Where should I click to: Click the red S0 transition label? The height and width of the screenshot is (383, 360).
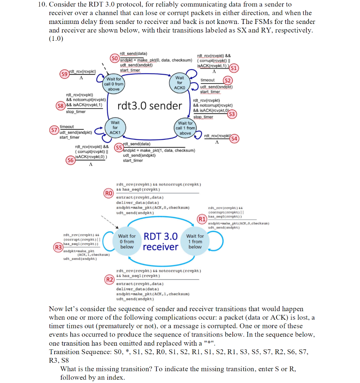[x=115, y=58]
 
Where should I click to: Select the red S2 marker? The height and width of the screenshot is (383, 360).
[x=228, y=80]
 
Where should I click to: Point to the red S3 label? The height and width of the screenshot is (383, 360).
[x=232, y=114]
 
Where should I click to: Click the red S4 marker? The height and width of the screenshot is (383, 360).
[x=235, y=139]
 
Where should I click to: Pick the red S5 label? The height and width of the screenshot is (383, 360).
[x=119, y=147]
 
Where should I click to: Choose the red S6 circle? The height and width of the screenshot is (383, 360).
[x=70, y=160]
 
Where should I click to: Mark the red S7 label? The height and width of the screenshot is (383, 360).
[x=55, y=130]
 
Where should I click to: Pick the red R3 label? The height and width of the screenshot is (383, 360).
[x=58, y=247]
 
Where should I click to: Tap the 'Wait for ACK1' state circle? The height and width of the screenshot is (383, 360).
[x=115, y=128]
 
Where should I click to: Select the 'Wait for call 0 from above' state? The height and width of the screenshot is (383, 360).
[x=113, y=84]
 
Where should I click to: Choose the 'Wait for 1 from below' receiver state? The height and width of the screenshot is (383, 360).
[x=195, y=241]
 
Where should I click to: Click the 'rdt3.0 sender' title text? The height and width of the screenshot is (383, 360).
[x=150, y=106]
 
